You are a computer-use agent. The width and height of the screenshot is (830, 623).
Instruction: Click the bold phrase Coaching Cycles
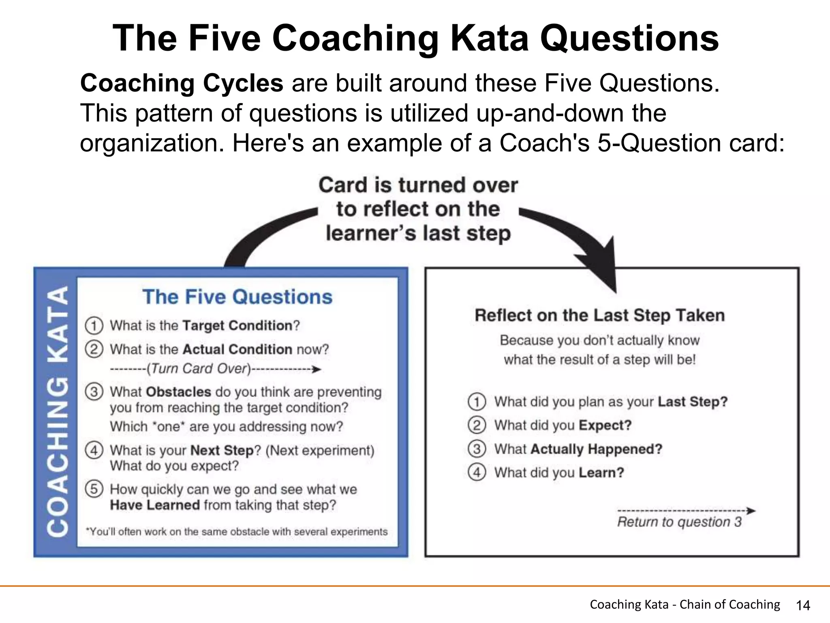coord(182,83)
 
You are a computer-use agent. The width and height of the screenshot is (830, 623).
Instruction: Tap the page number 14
coord(803,606)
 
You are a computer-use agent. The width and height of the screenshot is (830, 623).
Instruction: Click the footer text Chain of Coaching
coord(729,604)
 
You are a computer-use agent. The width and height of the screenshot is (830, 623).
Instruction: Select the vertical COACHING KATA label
coord(57,412)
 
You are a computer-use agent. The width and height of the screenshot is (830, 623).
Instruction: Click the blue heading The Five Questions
coord(237,297)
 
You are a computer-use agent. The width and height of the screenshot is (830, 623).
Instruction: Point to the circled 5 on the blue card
coord(94,489)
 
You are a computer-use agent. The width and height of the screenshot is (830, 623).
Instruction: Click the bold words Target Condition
coord(237,326)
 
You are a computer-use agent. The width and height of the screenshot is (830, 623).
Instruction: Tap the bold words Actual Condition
coord(237,349)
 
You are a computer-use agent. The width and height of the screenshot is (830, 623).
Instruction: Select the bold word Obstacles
coord(178,392)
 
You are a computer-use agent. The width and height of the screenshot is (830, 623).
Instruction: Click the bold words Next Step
coord(222,450)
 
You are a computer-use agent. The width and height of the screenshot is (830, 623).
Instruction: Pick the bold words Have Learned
coord(155,505)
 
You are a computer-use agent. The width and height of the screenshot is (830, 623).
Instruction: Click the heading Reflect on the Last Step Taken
coord(599,316)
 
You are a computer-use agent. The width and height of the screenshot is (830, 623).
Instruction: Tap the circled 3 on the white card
coord(477,449)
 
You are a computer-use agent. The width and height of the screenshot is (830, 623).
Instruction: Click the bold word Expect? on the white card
coord(605,425)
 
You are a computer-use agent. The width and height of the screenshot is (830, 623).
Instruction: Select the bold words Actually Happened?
coord(596,449)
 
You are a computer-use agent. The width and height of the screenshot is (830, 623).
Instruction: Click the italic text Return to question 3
coord(679,522)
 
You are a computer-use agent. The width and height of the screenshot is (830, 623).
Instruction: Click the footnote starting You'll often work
coord(237,532)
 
